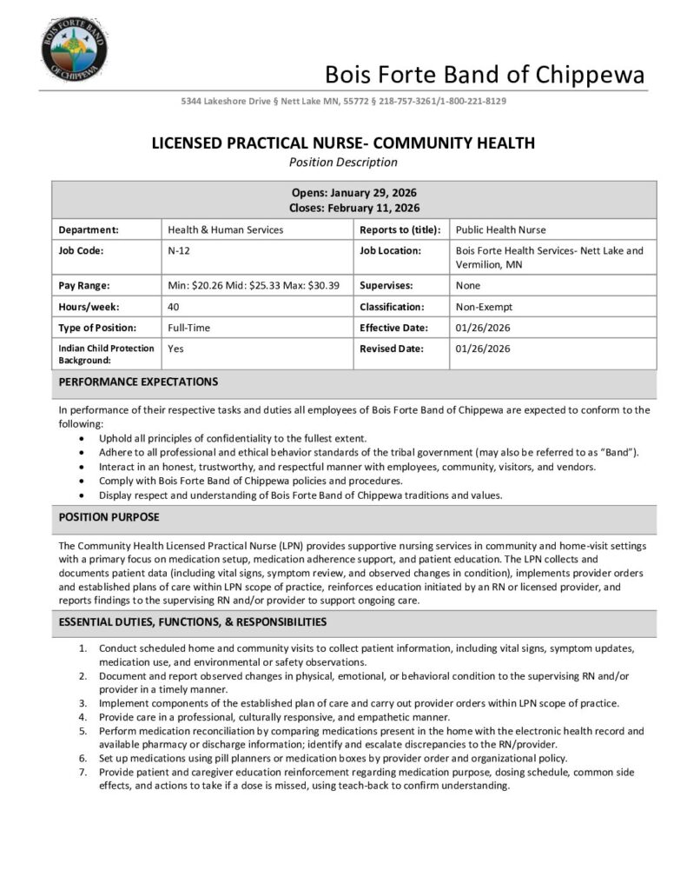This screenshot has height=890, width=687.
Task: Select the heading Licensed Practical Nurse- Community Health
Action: point(343,143)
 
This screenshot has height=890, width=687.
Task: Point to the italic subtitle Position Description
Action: point(343,162)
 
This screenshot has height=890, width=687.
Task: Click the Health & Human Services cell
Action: point(226,229)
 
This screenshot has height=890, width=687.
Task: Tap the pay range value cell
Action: point(253,285)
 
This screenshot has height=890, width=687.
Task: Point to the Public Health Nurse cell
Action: point(501,229)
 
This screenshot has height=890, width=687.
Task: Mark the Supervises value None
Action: point(468,285)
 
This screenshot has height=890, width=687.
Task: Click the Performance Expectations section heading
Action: point(138,382)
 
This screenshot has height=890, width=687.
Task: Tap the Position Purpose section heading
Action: point(109,517)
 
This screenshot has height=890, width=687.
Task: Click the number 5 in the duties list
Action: point(83,731)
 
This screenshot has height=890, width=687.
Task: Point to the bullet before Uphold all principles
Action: point(82,438)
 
